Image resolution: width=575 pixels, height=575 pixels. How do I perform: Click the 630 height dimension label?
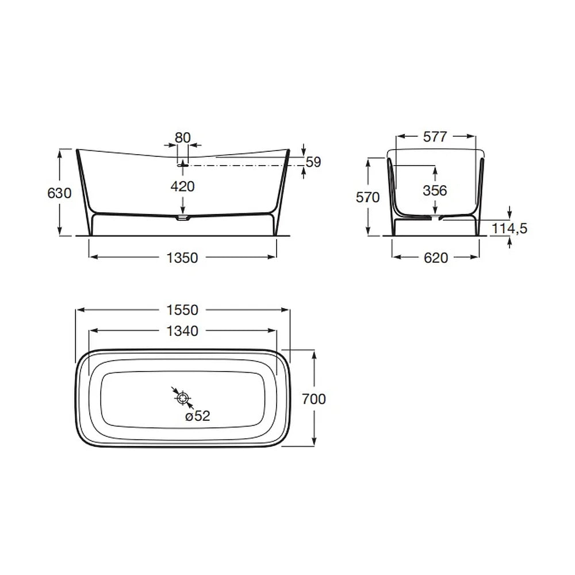point(59,193)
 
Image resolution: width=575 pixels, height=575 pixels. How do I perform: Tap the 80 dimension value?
point(183,138)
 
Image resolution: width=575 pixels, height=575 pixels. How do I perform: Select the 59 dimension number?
point(313,162)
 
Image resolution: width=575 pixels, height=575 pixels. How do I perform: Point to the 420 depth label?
point(183,187)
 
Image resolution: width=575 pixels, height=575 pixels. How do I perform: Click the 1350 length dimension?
point(182,258)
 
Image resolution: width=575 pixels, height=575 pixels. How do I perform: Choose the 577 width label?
point(435,137)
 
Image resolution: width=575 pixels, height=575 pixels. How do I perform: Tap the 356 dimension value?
point(435,191)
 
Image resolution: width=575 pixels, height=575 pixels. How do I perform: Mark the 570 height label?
point(368,198)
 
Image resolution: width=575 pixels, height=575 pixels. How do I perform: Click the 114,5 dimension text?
point(509,228)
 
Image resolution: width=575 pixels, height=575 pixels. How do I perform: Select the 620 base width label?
point(436,258)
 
